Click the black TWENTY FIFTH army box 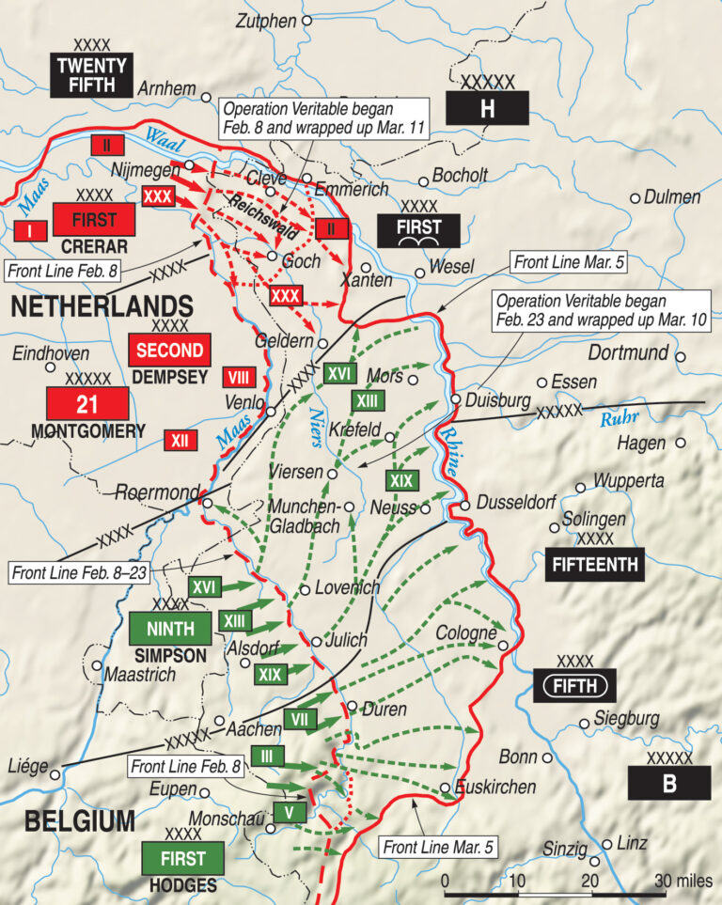(92, 75)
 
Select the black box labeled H (486, 109)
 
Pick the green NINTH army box (170, 629)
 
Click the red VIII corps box (239, 378)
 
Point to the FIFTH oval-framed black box (573, 686)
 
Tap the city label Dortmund (628, 353)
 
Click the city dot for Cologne (504, 646)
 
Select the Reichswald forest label (247, 206)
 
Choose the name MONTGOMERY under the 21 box (88, 431)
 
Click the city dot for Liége (55, 774)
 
